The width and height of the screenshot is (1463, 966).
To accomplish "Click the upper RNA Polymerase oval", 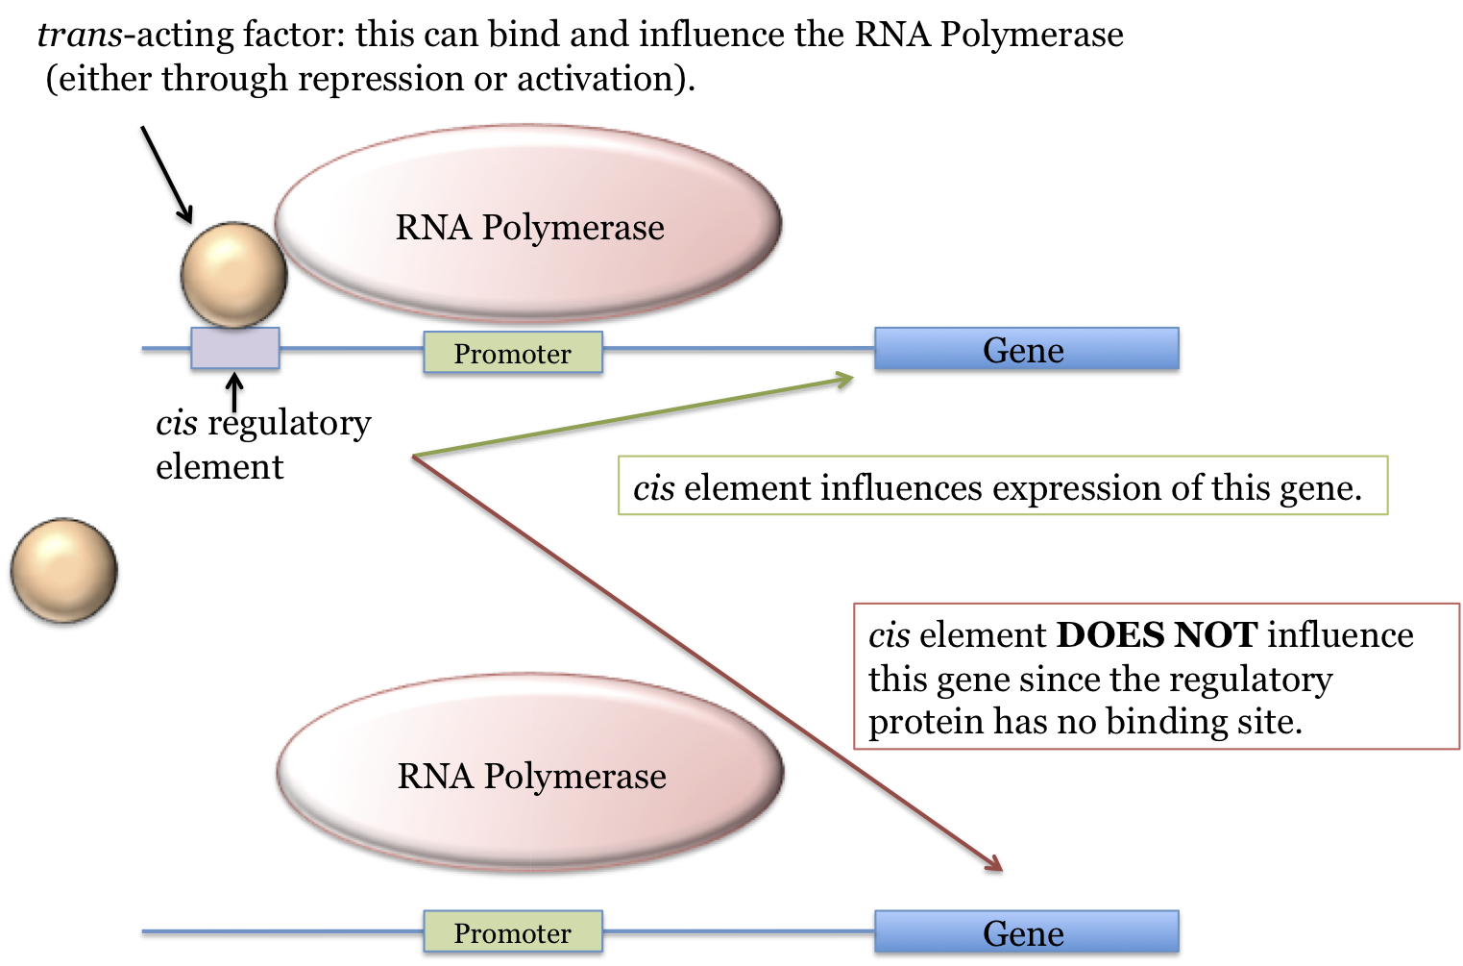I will pos(528,223).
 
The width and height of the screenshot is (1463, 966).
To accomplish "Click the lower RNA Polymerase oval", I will pos(530,772).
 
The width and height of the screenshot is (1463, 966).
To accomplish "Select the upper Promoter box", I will pos(513,353).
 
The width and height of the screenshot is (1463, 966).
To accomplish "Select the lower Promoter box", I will pos(513,932).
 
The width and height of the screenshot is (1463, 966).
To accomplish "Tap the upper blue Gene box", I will pos(1026,349).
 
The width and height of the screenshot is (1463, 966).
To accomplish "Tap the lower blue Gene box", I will pos(1026,932).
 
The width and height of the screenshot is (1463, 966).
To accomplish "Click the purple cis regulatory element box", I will pos(235,348).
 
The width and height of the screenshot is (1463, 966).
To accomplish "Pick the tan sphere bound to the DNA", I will pos(233,275).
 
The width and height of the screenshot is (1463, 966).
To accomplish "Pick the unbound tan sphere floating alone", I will pos(63,570).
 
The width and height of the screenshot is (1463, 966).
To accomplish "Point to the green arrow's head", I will pos(845,379).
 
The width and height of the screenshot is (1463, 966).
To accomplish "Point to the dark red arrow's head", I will pos(994,865).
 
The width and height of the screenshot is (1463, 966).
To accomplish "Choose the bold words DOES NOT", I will pos(1157,635).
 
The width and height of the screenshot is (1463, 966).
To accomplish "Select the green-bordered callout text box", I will pos(1002,486).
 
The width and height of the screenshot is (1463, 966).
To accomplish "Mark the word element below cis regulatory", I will pos(220,467).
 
